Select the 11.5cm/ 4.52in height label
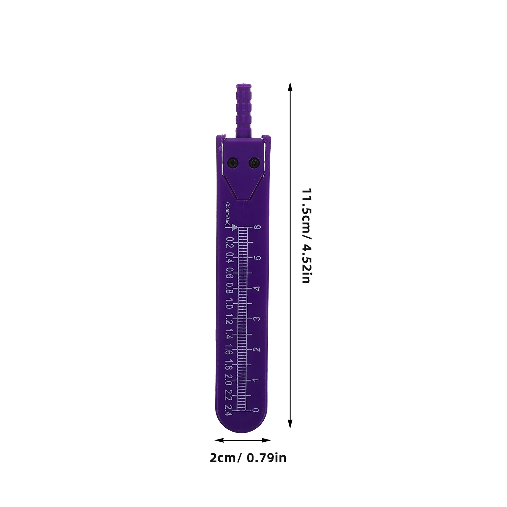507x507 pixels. pos(306,236)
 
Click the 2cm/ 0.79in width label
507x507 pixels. pos(248,458)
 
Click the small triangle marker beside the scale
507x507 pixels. pos(235,227)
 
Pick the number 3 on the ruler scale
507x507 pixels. pos(257,318)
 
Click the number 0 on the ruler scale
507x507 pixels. pos(256,410)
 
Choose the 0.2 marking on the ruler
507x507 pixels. pos(229,242)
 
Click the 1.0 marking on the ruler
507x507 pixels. pos(229,304)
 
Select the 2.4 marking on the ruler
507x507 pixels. pos(228,410)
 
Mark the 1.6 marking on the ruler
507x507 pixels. pos(229,349)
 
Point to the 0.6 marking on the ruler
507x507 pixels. pos(229,273)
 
